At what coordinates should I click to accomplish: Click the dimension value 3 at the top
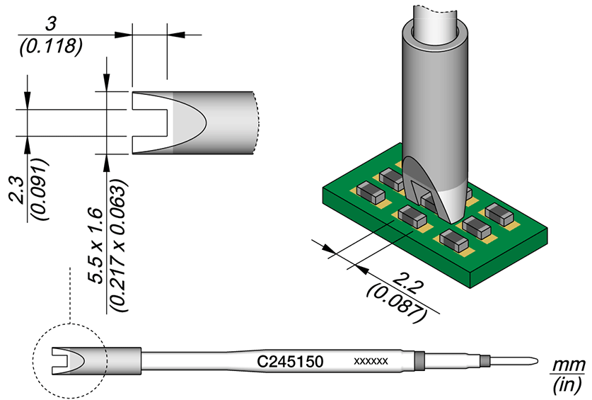point(50,23)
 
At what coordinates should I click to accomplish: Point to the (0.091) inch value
point(41,189)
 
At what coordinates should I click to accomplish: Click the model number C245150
point(290,362)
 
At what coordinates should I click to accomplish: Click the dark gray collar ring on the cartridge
point(419,361)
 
